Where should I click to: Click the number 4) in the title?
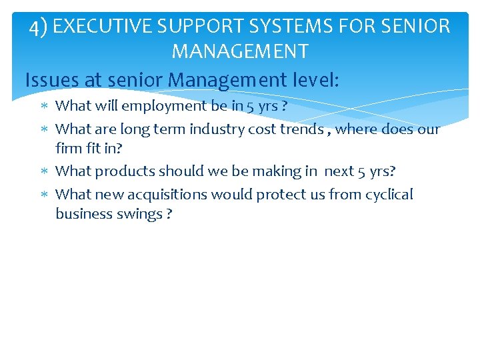point(38,27)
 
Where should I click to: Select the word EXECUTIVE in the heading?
point(103,27)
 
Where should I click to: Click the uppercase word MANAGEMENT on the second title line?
point(240,51)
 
